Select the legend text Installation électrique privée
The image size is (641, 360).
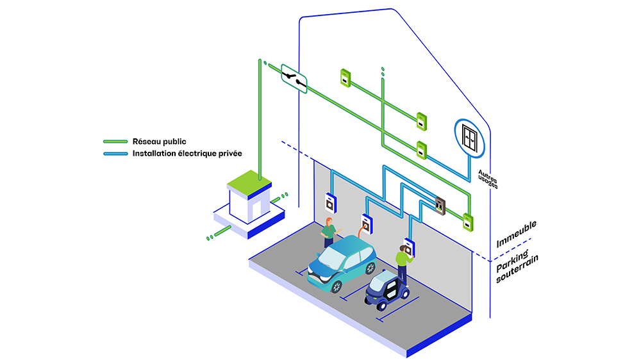tap(183, 154)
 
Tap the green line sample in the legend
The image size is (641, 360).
tap(116, 142)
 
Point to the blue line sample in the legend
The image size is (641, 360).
tap(116, 154)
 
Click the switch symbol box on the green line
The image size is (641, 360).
tap(294, 79)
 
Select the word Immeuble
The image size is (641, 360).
tap(516, 235)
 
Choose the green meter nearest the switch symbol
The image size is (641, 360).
tap(345, 78)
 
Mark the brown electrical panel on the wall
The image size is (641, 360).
tap(440, 204)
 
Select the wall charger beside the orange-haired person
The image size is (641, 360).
tap(330, 202)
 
